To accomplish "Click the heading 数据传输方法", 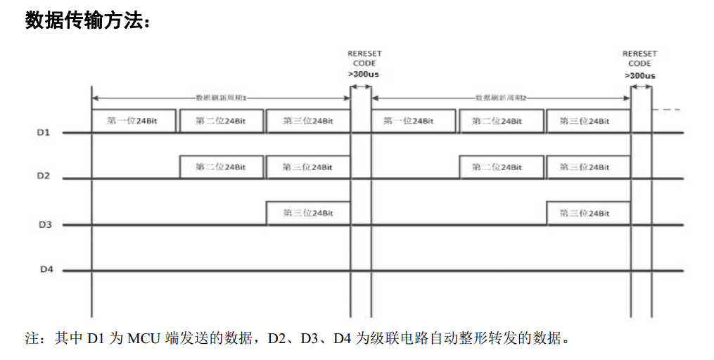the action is point(87,20).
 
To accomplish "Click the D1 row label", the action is point(44,132).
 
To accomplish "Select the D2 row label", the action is point(44,176).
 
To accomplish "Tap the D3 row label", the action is point(44,224).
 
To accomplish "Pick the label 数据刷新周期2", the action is point(502,97).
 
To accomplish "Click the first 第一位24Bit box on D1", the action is point(132,121).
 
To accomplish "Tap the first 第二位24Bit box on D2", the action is point(221,167).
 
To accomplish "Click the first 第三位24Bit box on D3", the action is point(308,213).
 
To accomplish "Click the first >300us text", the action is point(363,75).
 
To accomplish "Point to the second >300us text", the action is point(639,75).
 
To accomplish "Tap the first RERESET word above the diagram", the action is point(364,53).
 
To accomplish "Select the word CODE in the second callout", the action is point(639,64).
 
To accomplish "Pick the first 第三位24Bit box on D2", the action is point(308,167).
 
